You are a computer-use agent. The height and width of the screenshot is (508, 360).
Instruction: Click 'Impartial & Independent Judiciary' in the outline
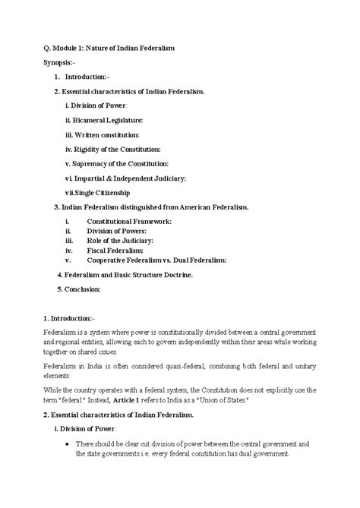point(125,178)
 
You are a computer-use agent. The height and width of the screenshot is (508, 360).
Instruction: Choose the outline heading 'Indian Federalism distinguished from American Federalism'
point(156,207)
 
